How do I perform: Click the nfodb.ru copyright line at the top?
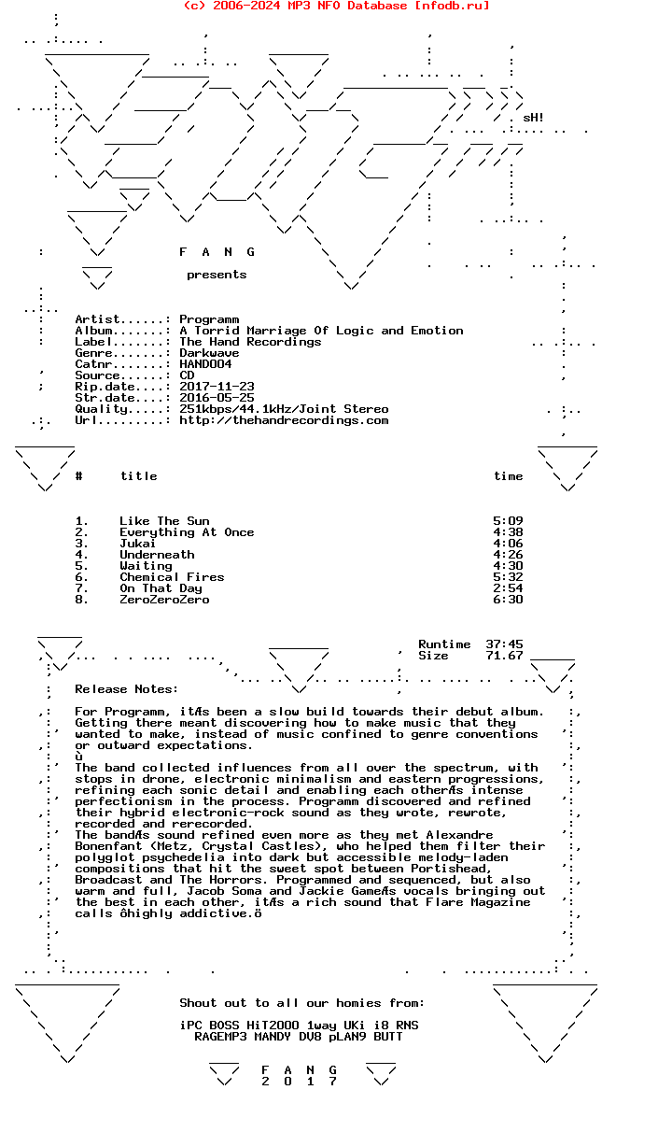click(336, 6)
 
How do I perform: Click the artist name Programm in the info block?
click(209, 319)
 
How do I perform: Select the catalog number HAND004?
click(205, 364)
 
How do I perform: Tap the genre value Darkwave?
click(209, 353)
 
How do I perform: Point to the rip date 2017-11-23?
click(217, 387)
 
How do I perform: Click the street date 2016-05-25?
click(217, 398)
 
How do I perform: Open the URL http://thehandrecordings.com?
click(284, 420)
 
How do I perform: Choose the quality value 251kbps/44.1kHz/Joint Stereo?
click(284, 409)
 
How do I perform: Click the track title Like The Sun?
click(164, 521)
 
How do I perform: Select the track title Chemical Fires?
click(172, 577)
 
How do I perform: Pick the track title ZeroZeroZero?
click(164, 600)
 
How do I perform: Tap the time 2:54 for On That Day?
click(508, 588)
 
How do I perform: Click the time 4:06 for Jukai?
click(508, 544)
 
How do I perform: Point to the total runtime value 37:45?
click(504, 644)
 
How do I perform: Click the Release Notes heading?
click(126, 689)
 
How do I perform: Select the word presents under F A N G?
click(217, 275)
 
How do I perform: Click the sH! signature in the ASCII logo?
click(534, 118)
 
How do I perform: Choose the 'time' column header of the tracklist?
click(509, 476)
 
